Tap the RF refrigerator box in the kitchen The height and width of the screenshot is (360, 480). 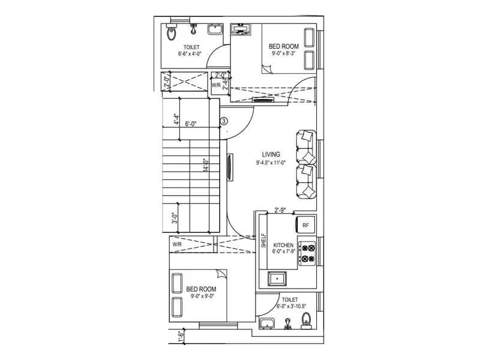tap(305, 225)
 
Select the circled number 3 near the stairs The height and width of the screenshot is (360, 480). tap(224, 121)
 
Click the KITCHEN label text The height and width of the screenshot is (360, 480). tap(283, 246)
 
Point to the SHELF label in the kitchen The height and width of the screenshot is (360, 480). tap(264, 242)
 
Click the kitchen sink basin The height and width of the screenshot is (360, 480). tap(278, 278)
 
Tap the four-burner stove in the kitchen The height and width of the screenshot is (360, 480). tap(308, 253)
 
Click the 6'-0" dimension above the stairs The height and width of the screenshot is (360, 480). tap(191, 124)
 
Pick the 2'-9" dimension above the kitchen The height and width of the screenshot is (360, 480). tap(280, 210)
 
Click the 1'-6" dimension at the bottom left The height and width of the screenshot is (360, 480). tap(180, 337)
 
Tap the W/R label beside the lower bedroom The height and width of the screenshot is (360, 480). tap(177, 245)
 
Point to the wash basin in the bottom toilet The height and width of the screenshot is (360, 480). tap(266, 325)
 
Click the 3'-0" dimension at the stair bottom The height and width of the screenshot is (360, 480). tap(174, 217)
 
